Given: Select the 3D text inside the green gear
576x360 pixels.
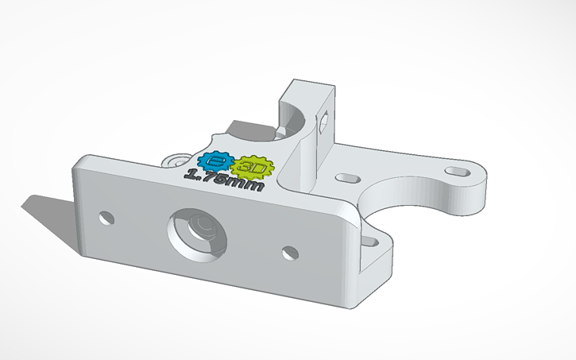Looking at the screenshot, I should (254, 168).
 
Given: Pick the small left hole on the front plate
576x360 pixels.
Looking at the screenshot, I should (105, 216).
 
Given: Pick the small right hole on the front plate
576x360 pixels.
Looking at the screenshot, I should (290, 254).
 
